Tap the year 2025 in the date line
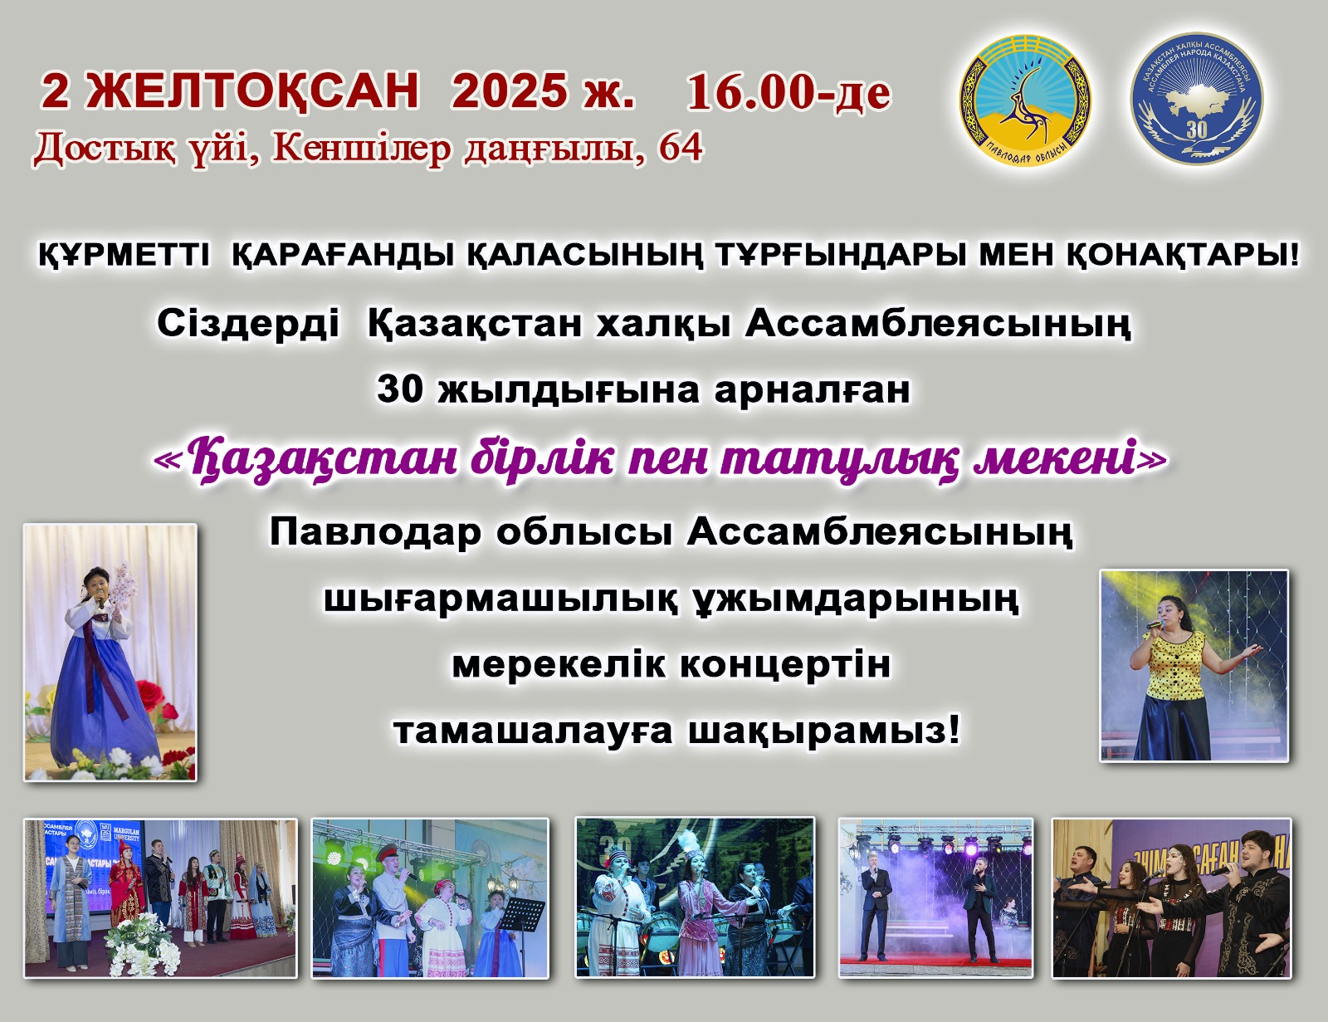pyautogui.click(x=509, y=91)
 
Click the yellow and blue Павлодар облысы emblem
pyautogui.click(x=1026, y=100)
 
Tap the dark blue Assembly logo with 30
pyautogui.click(x=1197, y=98)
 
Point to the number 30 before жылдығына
pyautogui.click(x=400, y=389)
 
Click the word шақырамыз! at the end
pyautogui.click(x=824, y=731)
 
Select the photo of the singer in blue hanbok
pyautogui.click(x=110, y=652)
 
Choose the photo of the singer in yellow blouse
pyautogui.click(x=1194, y=666)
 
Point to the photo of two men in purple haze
pyautogui.click(x=935, y=898)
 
